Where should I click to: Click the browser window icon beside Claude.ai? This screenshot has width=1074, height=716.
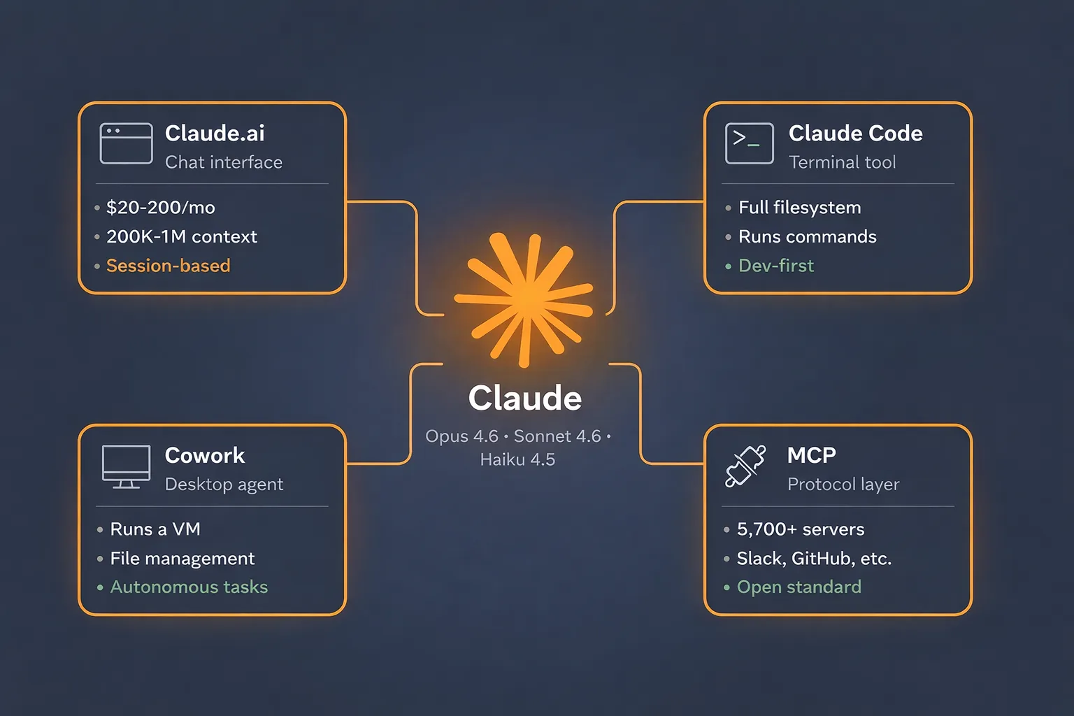(x=126, y=143)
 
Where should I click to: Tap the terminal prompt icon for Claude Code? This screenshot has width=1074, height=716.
(x=749, y=143)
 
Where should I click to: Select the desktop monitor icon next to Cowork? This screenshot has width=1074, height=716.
(x=126, y=466)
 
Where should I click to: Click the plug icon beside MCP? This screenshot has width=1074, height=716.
(x=745, y=466)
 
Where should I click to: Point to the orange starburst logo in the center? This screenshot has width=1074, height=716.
(x=524, y=299)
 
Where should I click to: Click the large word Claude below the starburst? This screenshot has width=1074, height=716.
(x=524, y=399)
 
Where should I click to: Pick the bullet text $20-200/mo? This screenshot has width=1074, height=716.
(x=160, y=208)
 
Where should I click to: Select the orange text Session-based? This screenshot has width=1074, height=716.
(x=168, y=266)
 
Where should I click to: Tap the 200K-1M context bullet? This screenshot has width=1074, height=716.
(x=181, y=237)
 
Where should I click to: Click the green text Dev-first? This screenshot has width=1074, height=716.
(x=775, y=266)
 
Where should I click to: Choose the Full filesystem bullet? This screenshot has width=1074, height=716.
(x=799, y=208)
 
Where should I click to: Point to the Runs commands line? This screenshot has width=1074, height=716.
(x=807, y=237)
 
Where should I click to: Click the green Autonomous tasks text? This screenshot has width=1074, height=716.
(x=189, y=587)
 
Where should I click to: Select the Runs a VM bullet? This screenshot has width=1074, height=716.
(x=155, y=529)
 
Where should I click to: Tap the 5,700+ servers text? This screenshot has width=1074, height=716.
(x=800, y=529)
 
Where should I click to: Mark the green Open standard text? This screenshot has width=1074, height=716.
(x=799, y=587)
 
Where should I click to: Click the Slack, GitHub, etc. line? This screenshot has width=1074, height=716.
(x=814, y=559)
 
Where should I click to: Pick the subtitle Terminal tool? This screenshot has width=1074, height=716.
(x=842, y=162)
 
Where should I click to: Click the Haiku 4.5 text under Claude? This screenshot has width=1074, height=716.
(x=517, y=459)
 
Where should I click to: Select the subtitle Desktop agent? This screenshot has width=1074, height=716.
(x=224, y=485)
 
